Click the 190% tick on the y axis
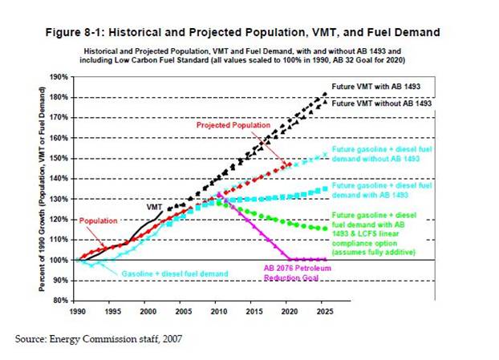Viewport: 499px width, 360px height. [59, 77]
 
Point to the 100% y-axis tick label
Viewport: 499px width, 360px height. [59, 260]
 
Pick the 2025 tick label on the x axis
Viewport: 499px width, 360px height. [324, 310]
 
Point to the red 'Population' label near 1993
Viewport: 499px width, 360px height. [98, 220]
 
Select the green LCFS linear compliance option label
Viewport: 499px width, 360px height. [374, 234]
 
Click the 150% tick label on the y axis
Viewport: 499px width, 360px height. [59, 158]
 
